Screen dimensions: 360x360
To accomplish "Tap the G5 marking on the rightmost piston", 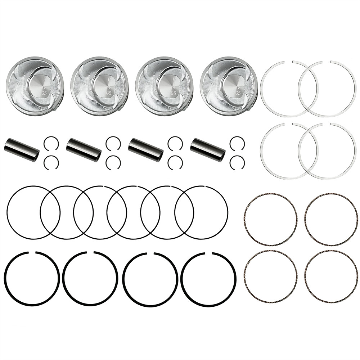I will click(x=238, y=93).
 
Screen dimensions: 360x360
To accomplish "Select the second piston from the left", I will click(x=100, y=86).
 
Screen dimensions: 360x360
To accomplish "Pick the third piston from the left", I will click(x=165, y=86).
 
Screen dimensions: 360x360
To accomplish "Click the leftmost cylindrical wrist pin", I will click(x=22, y=150).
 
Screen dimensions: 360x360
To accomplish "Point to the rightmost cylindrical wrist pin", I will click(x=208, y=149).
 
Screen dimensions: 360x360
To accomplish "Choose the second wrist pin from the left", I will click(x=84, y=150).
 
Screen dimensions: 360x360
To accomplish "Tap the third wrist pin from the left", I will click(x=146, y=149).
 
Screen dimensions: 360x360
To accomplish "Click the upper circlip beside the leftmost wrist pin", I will click(x=51, y=144).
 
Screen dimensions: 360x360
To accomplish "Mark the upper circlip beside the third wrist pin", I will click(x=175, y=144).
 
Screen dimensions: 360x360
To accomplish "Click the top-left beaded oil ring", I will click(x=270, y=219).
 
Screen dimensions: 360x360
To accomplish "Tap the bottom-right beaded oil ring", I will click(x=331, y=277).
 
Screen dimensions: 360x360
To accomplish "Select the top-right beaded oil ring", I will click(x=331, y=219).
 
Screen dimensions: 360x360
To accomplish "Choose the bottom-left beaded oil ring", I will click(x=270, y=277).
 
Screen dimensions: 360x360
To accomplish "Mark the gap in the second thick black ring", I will click(x=90, y=252).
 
